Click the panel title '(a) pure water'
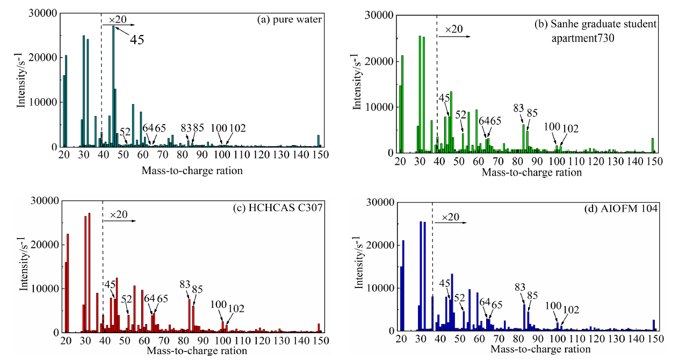point(290,20)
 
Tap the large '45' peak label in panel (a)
point(136,39)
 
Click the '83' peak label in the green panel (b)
point(518,108)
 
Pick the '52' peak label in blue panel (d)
point(460,298)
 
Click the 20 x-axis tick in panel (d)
point(401,340)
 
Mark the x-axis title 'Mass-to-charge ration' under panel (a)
point(192,171)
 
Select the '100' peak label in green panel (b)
point(552,127)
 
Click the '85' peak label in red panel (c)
point(197,289)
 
